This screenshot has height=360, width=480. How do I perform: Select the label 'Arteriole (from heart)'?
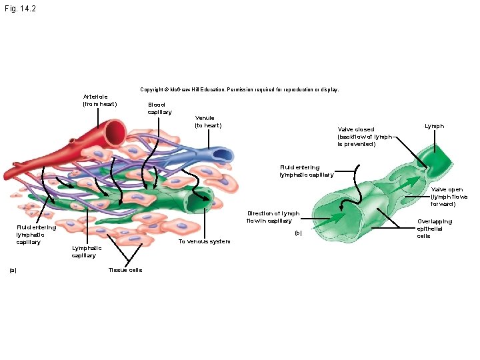pos(99,100)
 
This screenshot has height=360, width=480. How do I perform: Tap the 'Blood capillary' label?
pos(159,108)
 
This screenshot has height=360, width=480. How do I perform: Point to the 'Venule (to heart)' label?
pos(208,122)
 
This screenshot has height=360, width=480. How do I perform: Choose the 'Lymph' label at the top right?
pos(434,126)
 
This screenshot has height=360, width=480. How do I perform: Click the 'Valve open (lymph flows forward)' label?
pos(449,197)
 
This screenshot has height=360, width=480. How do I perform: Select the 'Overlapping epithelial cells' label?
pos(434,228)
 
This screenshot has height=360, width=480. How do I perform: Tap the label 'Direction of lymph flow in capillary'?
pos(273,217)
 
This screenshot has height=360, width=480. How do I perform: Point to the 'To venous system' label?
pos(204,241)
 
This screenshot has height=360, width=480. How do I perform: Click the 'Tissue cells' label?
pos(125,270)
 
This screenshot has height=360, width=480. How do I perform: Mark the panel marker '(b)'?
pos(298,233)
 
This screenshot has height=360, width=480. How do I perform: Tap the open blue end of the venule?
pos(219,157)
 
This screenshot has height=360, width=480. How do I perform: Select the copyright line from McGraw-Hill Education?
pos(239,89)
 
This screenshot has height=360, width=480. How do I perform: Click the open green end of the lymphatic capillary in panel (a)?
pos(198,200)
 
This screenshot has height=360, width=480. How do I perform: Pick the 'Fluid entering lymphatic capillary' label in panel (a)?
pos(36,235)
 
